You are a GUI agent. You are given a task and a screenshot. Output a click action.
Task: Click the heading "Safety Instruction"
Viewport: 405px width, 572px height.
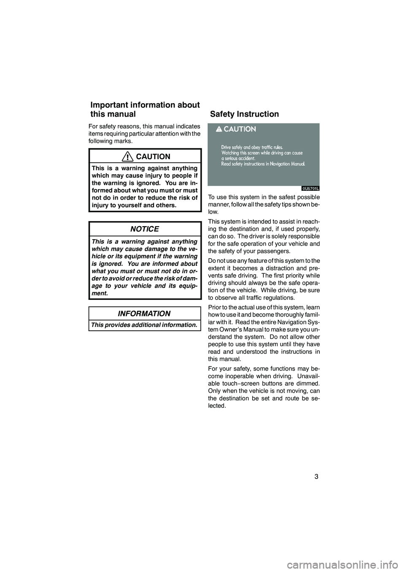244,114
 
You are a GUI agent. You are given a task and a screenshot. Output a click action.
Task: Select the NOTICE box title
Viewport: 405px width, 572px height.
145,229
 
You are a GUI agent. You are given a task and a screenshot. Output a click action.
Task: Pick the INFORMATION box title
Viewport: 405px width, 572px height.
144,314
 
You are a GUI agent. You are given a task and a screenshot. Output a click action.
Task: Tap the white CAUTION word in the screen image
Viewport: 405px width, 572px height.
240,129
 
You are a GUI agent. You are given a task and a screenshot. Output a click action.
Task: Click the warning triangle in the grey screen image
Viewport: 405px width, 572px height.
219,129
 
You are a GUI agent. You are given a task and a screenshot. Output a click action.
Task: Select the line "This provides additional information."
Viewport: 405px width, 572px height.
144,325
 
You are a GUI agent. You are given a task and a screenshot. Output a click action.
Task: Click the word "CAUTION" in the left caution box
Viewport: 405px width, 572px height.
154,157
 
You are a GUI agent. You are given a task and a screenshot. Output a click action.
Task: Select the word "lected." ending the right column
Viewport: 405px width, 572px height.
217,406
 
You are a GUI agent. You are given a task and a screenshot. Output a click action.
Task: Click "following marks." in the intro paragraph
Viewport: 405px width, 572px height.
110,141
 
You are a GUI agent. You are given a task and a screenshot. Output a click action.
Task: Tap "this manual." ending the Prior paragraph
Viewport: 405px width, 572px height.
224,359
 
